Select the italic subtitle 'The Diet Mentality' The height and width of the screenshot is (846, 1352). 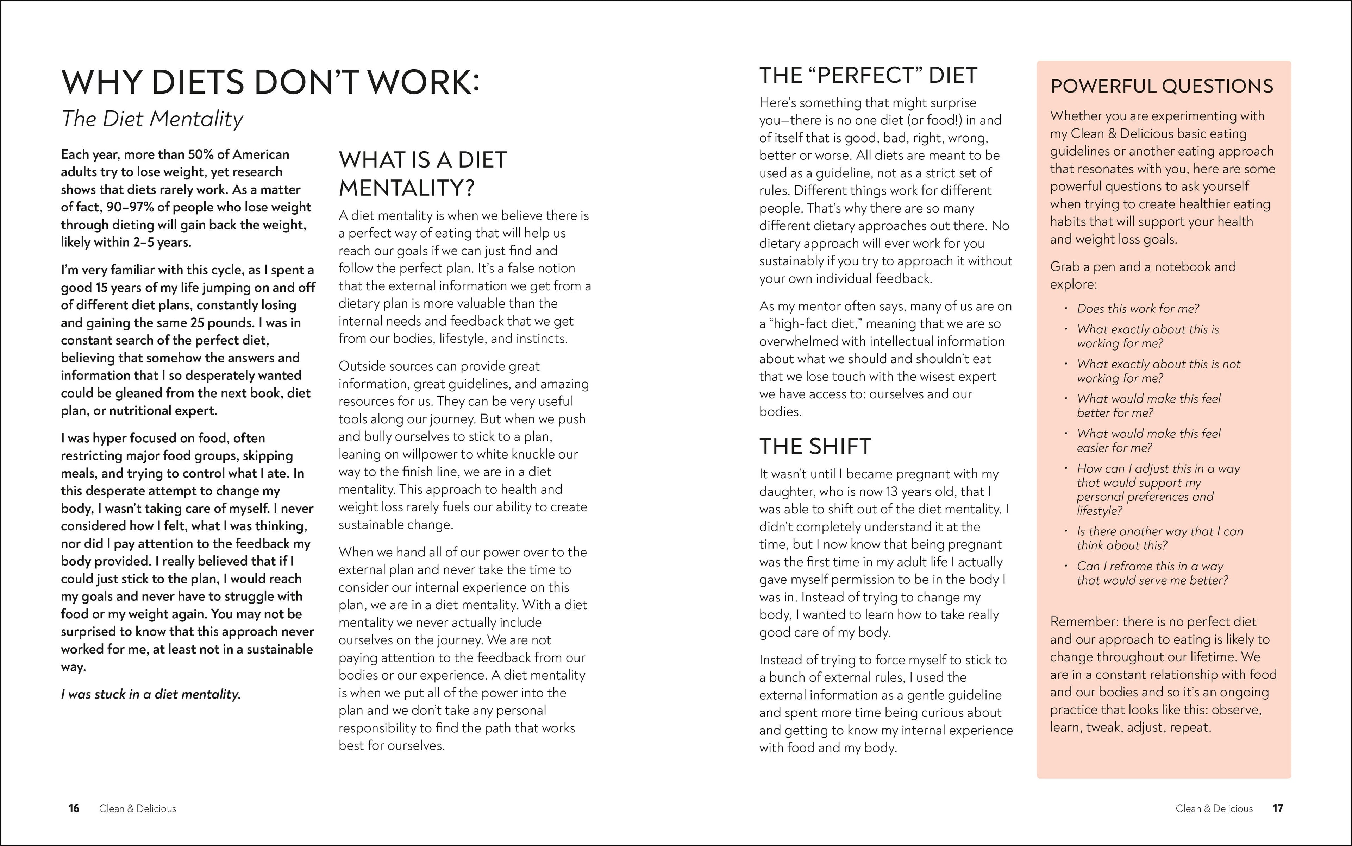[152, 119]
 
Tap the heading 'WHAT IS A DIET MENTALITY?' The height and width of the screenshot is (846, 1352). [423, 173]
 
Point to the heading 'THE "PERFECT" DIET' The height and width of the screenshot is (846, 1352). [868, 75]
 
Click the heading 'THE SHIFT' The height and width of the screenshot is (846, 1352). [815, 446]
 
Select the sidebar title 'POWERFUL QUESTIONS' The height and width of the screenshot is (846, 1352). [1162, 86]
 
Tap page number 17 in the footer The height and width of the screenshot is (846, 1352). [1278, 808]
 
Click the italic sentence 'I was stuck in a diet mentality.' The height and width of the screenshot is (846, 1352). [151, 694]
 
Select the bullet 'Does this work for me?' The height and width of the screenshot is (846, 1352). [1138, 308]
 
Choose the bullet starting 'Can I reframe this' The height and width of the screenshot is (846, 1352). [1152, 573]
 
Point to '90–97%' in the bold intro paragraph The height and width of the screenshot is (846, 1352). [130, 207]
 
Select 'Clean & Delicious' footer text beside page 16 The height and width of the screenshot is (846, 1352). [137, 808]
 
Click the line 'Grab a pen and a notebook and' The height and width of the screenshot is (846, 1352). [1143, 266]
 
